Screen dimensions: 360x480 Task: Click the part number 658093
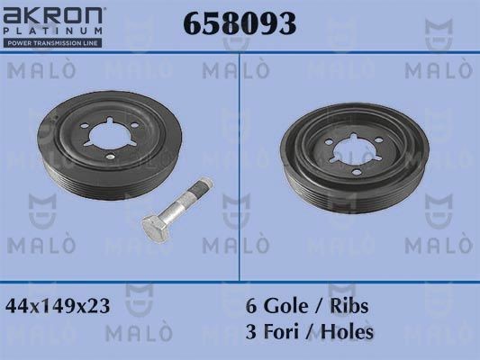coord(240,25)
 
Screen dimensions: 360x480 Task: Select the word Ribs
coord(348,306)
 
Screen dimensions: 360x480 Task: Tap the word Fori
coord(284,331)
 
